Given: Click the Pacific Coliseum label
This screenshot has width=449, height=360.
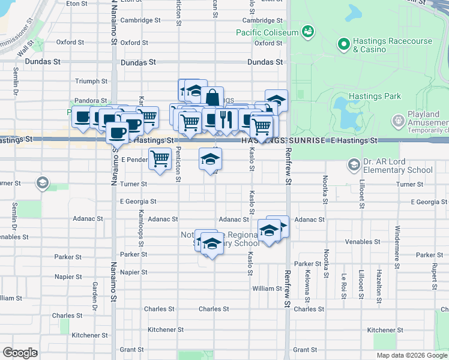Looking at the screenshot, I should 267,32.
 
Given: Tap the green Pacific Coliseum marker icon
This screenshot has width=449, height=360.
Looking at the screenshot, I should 308,31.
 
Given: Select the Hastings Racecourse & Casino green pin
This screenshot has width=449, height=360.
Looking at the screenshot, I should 344,44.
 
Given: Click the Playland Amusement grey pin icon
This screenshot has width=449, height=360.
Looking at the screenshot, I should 397,121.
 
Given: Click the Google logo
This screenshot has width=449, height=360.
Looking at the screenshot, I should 20,353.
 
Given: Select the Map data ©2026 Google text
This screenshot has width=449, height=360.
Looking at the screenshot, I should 412,355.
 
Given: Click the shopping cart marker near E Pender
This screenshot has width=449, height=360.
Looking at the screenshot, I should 160,159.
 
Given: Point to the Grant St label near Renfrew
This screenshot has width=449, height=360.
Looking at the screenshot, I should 305,350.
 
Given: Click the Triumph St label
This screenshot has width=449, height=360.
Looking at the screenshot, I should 91,81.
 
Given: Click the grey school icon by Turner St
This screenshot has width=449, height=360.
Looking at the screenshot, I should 42,182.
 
